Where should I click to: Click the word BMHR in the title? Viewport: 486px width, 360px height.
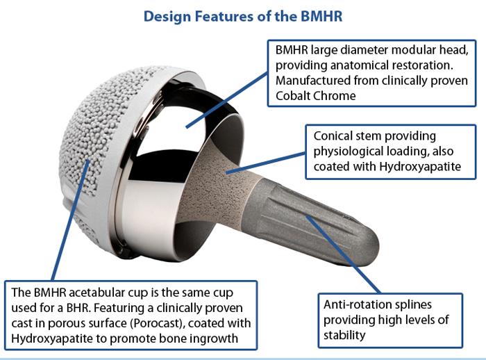[x=321, y=16]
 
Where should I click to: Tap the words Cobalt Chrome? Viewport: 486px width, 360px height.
[x=315, y=96]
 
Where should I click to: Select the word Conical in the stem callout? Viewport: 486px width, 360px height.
[x=333, y=136]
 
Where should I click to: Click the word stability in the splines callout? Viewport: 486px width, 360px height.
[x=344, y=336]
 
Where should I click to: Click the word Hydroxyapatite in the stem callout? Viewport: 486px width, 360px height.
[x=420, y=167]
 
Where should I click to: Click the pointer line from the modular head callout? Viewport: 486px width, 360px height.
[x=226, y=100]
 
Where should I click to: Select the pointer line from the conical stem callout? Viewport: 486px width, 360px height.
[x=266, y=163]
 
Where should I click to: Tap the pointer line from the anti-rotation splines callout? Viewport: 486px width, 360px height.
[x=344, y=254]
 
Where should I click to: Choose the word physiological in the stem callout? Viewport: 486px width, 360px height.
[x=346, y=152]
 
